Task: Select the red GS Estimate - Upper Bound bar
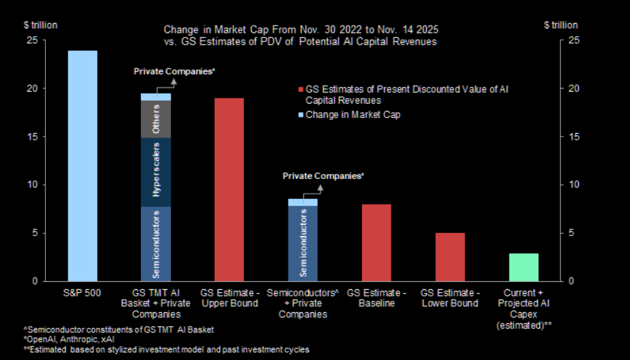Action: click(229, 190)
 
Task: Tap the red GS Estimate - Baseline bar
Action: click(376, 243)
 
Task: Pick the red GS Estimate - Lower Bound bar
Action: click(450, 257)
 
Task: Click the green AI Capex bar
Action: click(523, 267)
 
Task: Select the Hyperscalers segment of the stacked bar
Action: click(156, 172)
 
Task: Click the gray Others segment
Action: click(156, 119)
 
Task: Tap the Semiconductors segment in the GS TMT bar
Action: click(156, 244)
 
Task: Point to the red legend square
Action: click(300, 89)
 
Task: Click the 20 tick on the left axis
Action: click(31, 89)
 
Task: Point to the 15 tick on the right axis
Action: click(572, 136)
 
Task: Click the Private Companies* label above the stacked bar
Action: click(174, 70)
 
